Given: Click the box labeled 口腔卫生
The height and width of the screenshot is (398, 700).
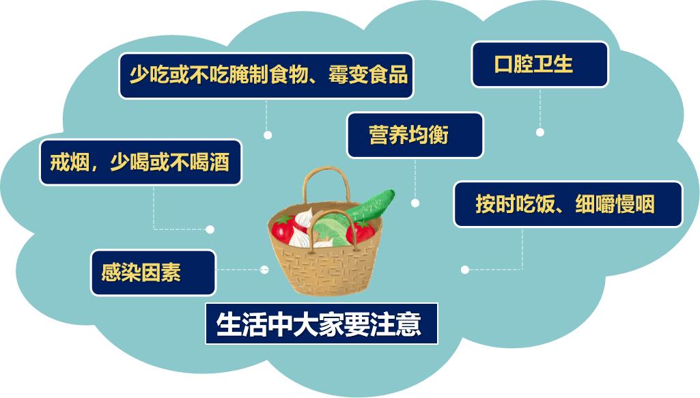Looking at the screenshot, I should tap(540, 65).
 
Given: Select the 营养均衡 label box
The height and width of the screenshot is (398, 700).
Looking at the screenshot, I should tap(415, 135).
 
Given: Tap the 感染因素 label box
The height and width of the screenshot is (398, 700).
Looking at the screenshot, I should tap(153, 272).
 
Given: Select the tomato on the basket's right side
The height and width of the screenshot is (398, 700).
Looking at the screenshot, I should tap(361, 231).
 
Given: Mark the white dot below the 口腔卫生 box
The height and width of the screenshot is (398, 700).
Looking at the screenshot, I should tap(540, 132).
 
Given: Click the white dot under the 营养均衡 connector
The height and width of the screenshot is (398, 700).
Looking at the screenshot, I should tap(415, 203).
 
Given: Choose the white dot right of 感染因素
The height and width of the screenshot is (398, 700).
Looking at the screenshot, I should tap(265, 270).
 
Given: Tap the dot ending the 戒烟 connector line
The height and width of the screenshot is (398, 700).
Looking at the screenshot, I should tap(210, 229).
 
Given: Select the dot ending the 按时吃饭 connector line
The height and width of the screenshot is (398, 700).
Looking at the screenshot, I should tap(465, 270).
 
